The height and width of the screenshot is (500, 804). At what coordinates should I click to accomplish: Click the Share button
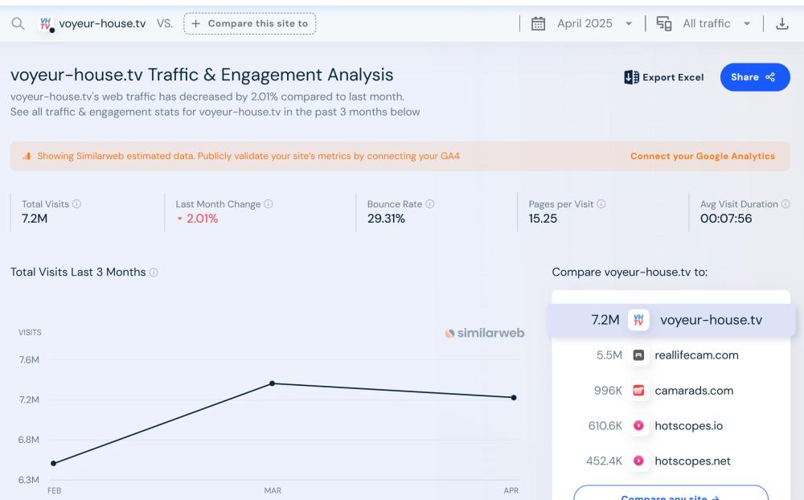[754, 77]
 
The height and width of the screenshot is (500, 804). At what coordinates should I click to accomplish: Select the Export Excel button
[664, 77]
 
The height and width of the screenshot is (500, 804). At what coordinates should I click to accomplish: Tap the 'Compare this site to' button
[250, 23]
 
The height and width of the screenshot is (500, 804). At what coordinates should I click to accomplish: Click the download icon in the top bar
[781, 23]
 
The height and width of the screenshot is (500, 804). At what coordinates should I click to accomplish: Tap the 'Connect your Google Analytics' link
[703, 156]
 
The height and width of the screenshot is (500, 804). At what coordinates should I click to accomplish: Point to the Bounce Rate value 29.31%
[386, 219]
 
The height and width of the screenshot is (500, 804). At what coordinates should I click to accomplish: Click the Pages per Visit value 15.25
[543, 219]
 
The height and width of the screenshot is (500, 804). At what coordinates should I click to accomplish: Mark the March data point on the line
[272, 383]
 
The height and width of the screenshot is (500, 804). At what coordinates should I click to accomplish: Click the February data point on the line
[53, 463]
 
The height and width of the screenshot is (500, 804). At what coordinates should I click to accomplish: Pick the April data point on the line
[514, 397]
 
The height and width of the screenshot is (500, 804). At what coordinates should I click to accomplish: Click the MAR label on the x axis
[272, 490]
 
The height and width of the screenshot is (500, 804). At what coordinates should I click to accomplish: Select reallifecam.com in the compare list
[696, 355]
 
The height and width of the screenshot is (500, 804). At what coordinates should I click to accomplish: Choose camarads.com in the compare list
[694, 391]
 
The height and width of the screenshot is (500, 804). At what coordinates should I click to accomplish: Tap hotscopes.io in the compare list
[688, 426]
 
